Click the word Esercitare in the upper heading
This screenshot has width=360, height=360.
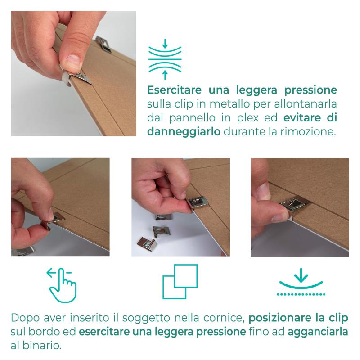click(x=174, y=90)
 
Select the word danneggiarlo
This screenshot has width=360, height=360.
click(x=184, y=132)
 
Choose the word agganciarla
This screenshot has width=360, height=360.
click(x=318, y=332)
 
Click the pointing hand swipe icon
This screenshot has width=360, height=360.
click(x=62, y=285)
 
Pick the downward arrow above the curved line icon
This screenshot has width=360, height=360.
click(x=301, y=275)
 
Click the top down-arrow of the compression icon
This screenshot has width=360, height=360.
click(x=165, y=44)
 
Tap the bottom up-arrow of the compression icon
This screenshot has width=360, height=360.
click(x=165, y=75)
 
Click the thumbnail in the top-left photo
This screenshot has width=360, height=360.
click(x=73, y=61)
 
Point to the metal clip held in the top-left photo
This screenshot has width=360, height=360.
click(x=76, y=78)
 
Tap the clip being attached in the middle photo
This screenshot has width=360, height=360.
click(x=198, y=202)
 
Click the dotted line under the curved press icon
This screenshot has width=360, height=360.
click(x=301, y=294)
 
